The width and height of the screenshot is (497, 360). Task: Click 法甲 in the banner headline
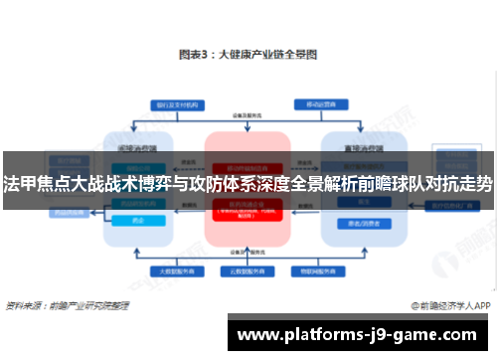(x=19, y=184)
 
